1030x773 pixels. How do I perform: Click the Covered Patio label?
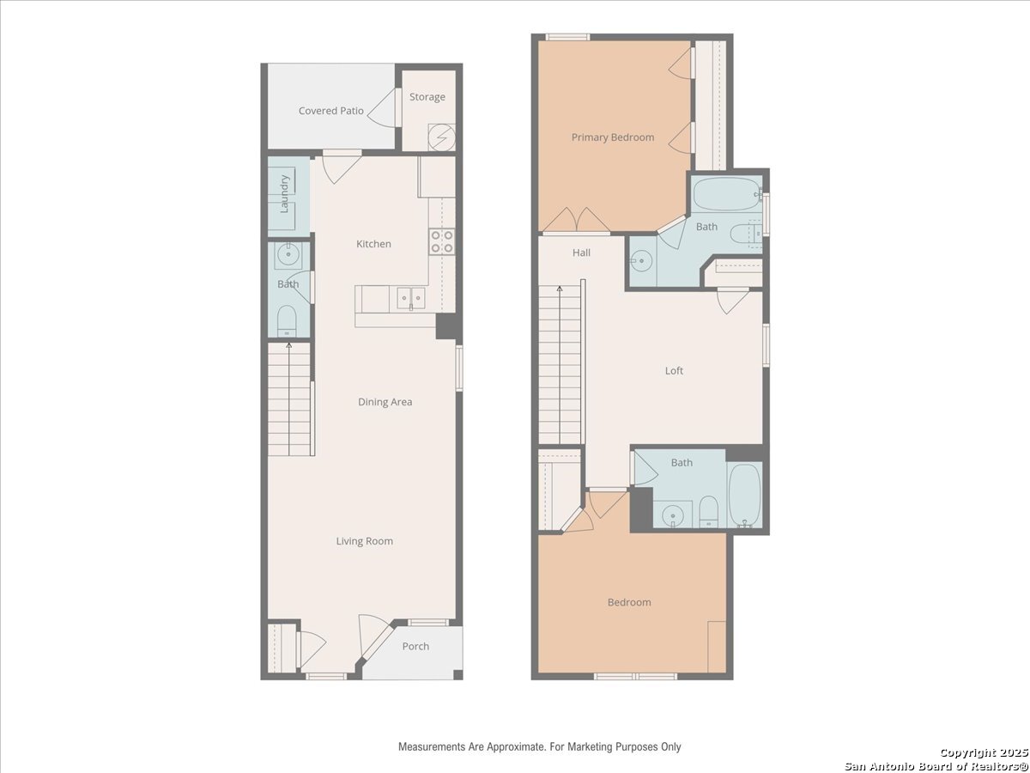pos(330,111)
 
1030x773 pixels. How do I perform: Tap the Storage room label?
pos(427,97)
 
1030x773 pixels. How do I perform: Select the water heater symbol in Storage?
pos(441,137)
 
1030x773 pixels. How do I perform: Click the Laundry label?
pos(284,194)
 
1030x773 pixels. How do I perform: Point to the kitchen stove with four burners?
pos(441,241)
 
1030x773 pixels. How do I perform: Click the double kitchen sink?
pos(411,299)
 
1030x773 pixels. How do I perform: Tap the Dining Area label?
pos(385,402)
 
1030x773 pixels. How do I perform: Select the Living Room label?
pos(364,541)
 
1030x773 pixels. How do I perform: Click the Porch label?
pos(415,646)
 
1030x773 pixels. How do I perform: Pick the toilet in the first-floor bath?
pos(286,320)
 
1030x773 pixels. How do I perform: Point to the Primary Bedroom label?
pos(612,137)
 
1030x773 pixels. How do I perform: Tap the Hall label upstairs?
pos(581,253)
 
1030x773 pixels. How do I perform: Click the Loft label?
pos(674,371)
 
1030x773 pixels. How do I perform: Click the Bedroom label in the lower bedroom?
pos(629,602)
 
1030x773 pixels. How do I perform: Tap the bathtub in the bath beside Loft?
pos(745,496)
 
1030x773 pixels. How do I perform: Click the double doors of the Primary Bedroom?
pos(576,220)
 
